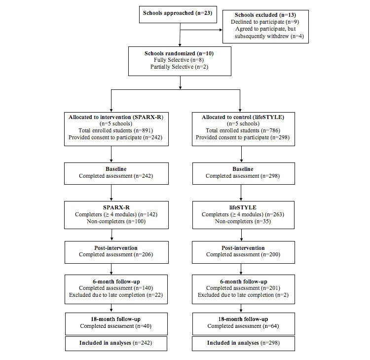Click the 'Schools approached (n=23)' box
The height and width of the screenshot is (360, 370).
click(x=177, y=13)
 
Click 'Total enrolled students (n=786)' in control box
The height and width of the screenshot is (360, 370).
click(x=241, y=130)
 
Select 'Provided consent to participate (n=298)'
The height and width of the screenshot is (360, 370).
click(x=241, y=137)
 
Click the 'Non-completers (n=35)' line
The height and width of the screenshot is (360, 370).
click(x=241, y=222)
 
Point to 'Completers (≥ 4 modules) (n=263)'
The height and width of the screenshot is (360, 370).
click(x=241, y=215)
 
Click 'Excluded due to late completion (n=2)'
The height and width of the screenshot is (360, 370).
click(x=241, y=295)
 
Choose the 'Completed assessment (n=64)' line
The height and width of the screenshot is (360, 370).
click(x=241, y=326)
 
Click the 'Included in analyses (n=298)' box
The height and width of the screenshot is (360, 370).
click(x=241, y=343)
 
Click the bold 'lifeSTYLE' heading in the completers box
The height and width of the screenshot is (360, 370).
click(x=241, y=208)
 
